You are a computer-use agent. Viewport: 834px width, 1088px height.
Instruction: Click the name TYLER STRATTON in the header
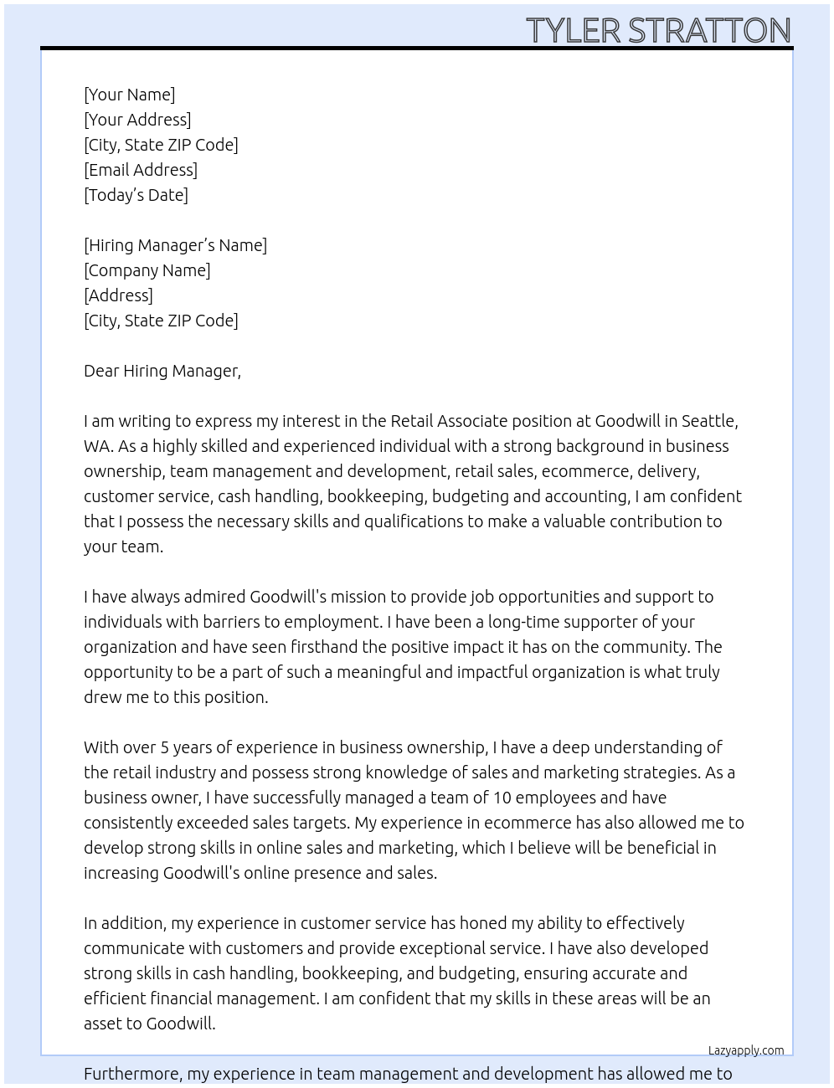click(x=658, y=30)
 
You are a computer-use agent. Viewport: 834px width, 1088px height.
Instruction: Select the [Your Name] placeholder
click(x=129, y=95)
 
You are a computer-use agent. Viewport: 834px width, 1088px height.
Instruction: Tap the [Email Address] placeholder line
click(x=141, y=170)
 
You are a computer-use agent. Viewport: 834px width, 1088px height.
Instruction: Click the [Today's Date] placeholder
click(x=136, y=195)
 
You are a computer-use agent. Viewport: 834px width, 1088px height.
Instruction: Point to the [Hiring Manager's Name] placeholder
click(x=175, y=245)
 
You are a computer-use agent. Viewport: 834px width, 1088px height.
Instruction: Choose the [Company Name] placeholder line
click(x=147, y=270)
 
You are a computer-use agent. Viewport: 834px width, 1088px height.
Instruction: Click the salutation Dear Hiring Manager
click(x=162, y=371)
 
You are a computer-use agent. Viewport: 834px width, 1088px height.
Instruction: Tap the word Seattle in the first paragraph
click(x=708, y=421)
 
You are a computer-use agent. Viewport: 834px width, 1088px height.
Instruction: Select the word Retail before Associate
click(x=411, y=421)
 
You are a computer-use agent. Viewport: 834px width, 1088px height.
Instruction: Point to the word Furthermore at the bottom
click(x=132, y=1074)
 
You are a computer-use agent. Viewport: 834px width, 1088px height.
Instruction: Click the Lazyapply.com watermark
click(x=745, y=1050)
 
